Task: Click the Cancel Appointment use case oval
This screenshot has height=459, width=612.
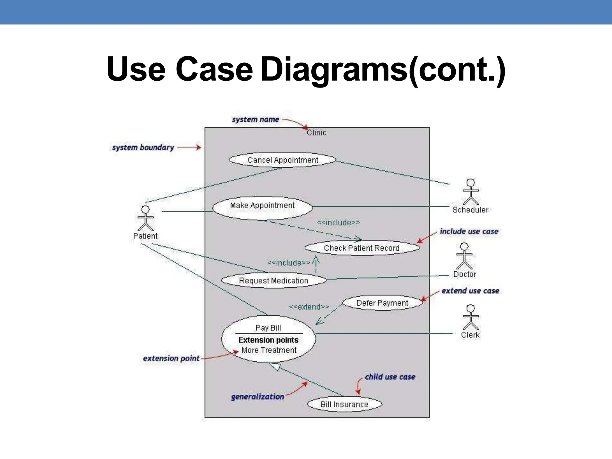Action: tap(282, 160)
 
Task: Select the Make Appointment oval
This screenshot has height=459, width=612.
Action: tap(262, 207)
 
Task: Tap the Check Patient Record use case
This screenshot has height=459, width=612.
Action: tap(362, 248)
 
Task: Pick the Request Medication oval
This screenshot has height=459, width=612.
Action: tap(273, 281)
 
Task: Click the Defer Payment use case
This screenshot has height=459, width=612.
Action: tap(382, 303)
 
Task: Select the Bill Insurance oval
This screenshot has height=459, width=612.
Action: tap(344, 404)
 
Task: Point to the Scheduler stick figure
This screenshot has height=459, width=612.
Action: tap(471, 192)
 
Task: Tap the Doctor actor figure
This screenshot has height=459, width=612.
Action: tap(464, 256)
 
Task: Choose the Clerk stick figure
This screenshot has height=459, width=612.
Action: tap(471, 317)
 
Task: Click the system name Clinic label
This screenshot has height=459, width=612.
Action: tap(316, 133)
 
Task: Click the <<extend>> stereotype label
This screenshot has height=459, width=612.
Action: tap(309, 307)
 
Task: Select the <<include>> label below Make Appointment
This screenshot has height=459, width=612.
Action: tap(338, 223)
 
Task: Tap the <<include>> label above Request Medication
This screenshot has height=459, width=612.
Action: tap(288, 263)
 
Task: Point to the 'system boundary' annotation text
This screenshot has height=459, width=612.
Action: tap(143, 148)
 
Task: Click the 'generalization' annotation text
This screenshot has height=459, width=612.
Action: tap(257, 397)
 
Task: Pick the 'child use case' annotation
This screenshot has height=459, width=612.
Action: tap(390, 377)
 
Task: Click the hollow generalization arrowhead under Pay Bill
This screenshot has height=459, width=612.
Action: tap(275, 366)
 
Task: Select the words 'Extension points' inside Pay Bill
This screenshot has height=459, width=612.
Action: tap(268, 340)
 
